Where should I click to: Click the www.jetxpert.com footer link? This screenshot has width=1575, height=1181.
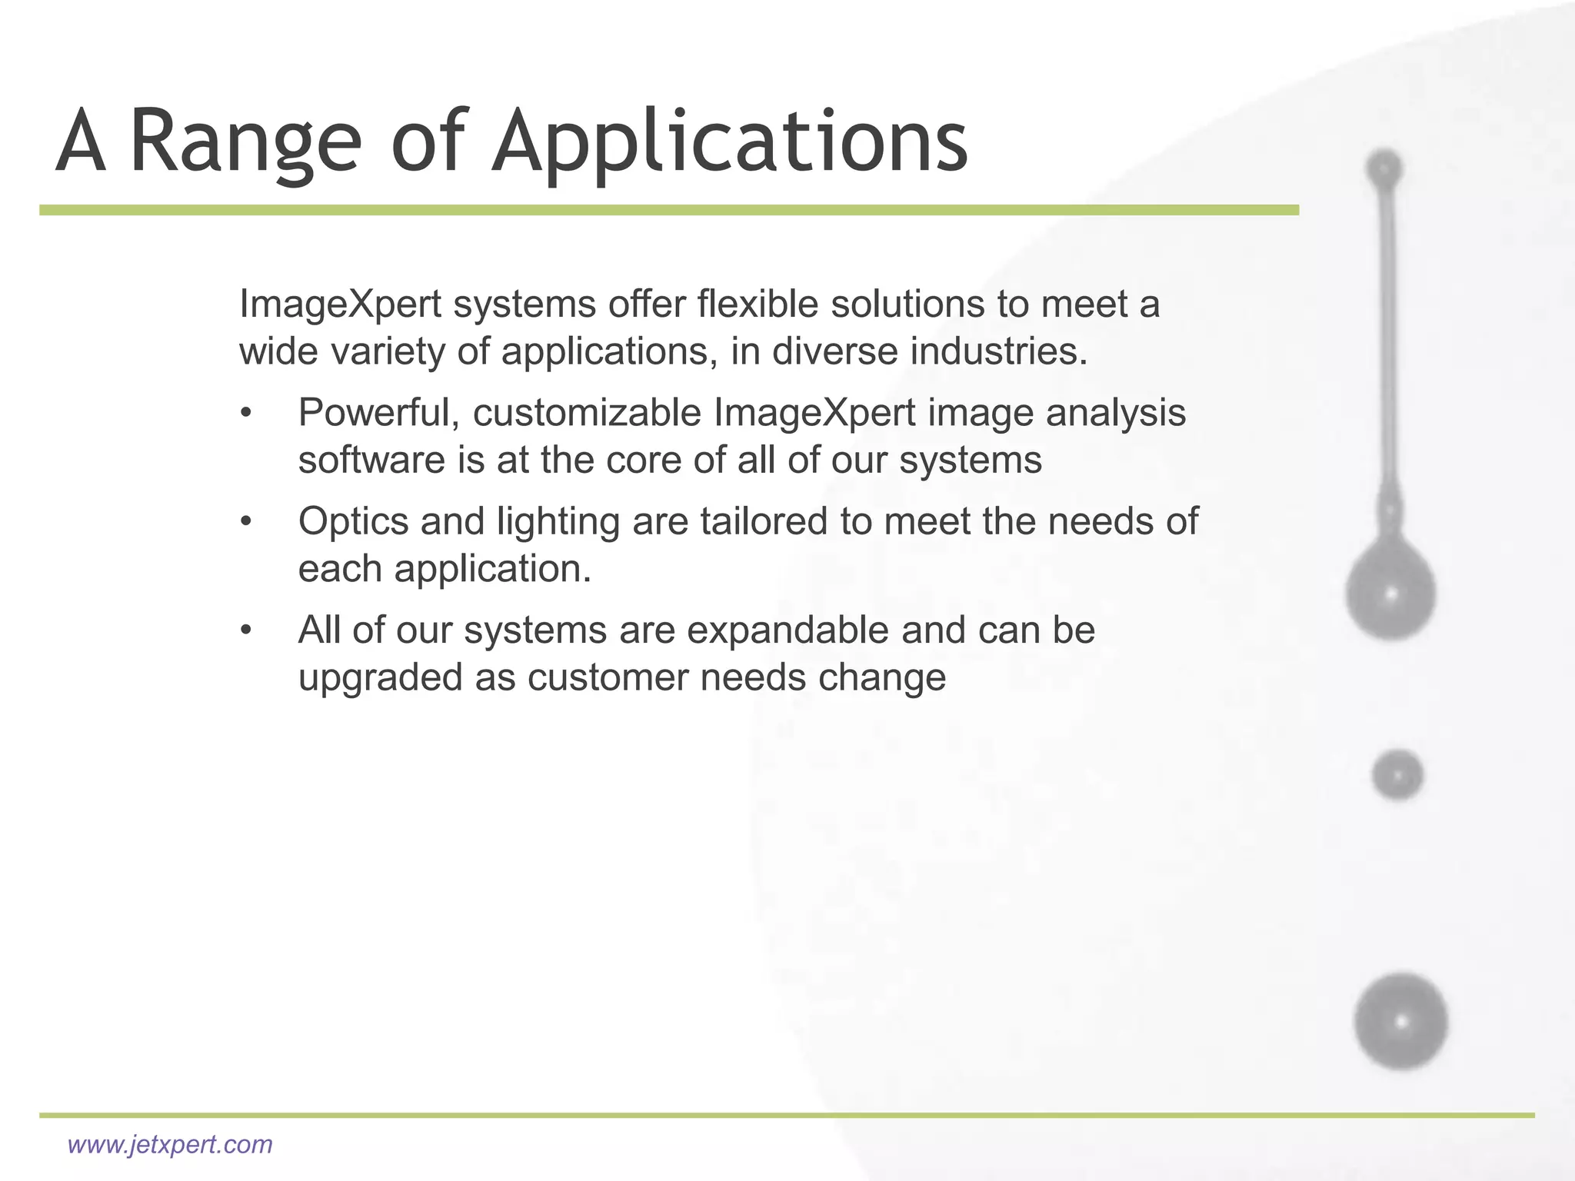(170, 1144)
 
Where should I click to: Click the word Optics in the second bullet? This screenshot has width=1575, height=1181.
(352, 521)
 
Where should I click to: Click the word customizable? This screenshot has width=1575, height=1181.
(587, 413)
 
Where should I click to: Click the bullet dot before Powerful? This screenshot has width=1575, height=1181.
(246, 414)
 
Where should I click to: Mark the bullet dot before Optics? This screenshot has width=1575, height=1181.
(246, 522)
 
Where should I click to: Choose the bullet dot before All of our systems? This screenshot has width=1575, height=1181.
(246, 630)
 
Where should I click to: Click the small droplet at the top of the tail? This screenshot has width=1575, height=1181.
(1384, 168)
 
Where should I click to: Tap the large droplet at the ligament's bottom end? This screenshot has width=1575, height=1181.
(1390, 592)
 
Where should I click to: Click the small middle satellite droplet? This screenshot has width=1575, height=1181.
(1397, 775)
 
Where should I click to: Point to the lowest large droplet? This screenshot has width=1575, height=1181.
(1401, 1022)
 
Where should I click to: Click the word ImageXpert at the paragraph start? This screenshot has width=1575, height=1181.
(340, 304)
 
